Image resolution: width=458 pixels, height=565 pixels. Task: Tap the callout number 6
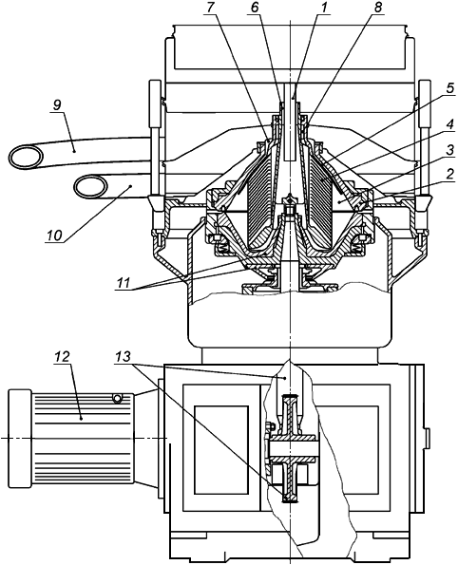click(x=255, y=8)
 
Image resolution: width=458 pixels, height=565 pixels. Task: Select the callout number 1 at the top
click(x=325, y=8)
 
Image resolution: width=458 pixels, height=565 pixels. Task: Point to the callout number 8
click(x=377, y=8)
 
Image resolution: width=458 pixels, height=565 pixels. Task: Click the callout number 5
click(x=449, y=88)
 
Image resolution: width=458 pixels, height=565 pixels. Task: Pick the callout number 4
click(x=449, y=125)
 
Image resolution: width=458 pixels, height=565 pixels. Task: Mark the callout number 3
click(x=449, y=151)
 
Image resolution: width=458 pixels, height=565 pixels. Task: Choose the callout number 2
click(x=449, y=175)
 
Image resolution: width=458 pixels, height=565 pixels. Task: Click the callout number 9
click(x=57, y=104)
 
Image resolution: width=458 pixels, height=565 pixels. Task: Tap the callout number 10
click(x=54, y=235)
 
